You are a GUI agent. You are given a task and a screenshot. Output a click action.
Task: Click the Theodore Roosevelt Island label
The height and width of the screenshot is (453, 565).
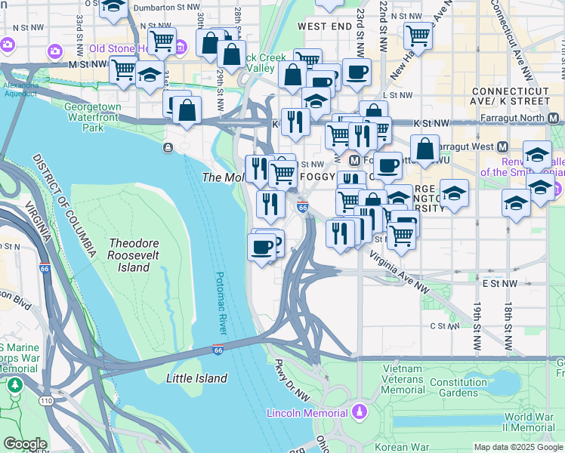pos(140,255)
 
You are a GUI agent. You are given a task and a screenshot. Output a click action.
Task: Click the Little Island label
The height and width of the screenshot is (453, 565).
pos(196,378)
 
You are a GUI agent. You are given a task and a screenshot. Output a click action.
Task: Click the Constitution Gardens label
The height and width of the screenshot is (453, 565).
pos(458,387)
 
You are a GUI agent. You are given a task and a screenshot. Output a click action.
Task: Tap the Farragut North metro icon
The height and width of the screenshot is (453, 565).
pos(554,119)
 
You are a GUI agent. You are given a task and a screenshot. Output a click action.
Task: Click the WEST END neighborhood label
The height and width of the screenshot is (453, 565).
pos(324,26)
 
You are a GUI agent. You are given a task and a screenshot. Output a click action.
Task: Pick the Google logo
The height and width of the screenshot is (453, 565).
pos(25,445)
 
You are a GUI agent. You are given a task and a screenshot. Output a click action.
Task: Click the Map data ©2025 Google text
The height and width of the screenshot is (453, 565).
pos(518,447)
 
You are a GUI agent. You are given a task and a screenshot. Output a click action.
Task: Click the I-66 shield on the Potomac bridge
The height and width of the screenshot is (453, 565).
pos(218,350)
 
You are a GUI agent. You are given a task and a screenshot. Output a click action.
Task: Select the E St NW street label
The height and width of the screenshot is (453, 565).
pos(501,284)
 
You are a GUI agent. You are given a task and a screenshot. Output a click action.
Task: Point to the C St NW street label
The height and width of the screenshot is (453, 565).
pos(445,326)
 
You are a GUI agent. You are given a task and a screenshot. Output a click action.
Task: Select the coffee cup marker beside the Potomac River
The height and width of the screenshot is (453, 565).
pos(262,248)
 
